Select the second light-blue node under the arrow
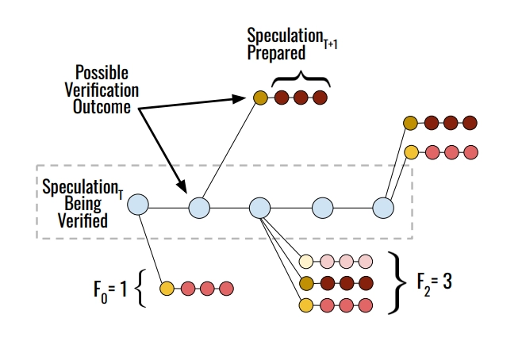tap(199, 208)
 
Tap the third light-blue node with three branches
tap(260, 208)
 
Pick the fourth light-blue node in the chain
tap(322, 208)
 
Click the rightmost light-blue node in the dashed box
tap(383, 208)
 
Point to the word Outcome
tap(102, 108)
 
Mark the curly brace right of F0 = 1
tap(142, 287)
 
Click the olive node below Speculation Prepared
tap(260, 98)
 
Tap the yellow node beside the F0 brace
tap(167, 289)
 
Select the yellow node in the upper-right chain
tap(411, 151)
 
